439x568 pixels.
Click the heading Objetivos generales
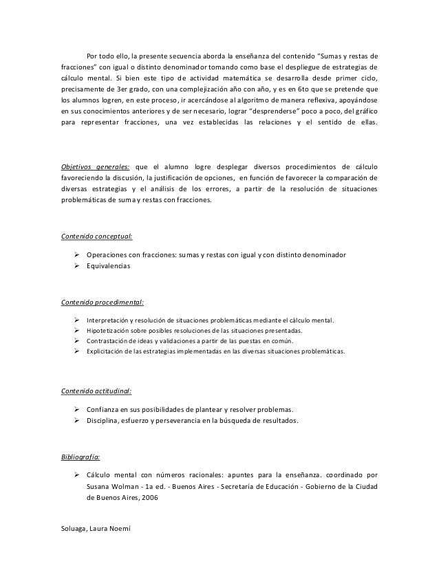(91, 166)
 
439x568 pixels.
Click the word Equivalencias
(108, 265)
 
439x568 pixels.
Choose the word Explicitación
(107, 351)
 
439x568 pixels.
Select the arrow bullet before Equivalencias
(77, 265)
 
